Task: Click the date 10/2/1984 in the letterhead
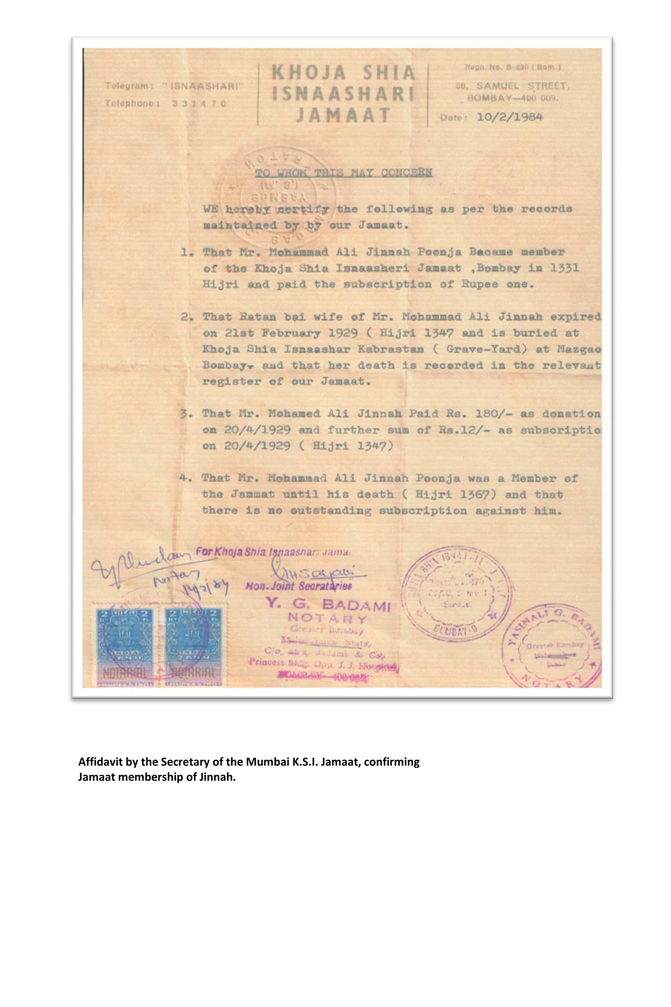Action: [509, 117]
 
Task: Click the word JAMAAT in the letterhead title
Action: [343, 115]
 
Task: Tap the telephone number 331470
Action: [199, 103]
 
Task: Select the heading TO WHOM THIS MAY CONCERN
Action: [343, 172]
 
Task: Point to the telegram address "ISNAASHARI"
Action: [204, 86]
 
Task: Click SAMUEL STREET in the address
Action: [522, 86]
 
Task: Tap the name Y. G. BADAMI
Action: [328, 605]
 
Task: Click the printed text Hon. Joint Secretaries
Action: [299, 586]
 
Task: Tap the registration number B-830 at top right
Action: [517, 67]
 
